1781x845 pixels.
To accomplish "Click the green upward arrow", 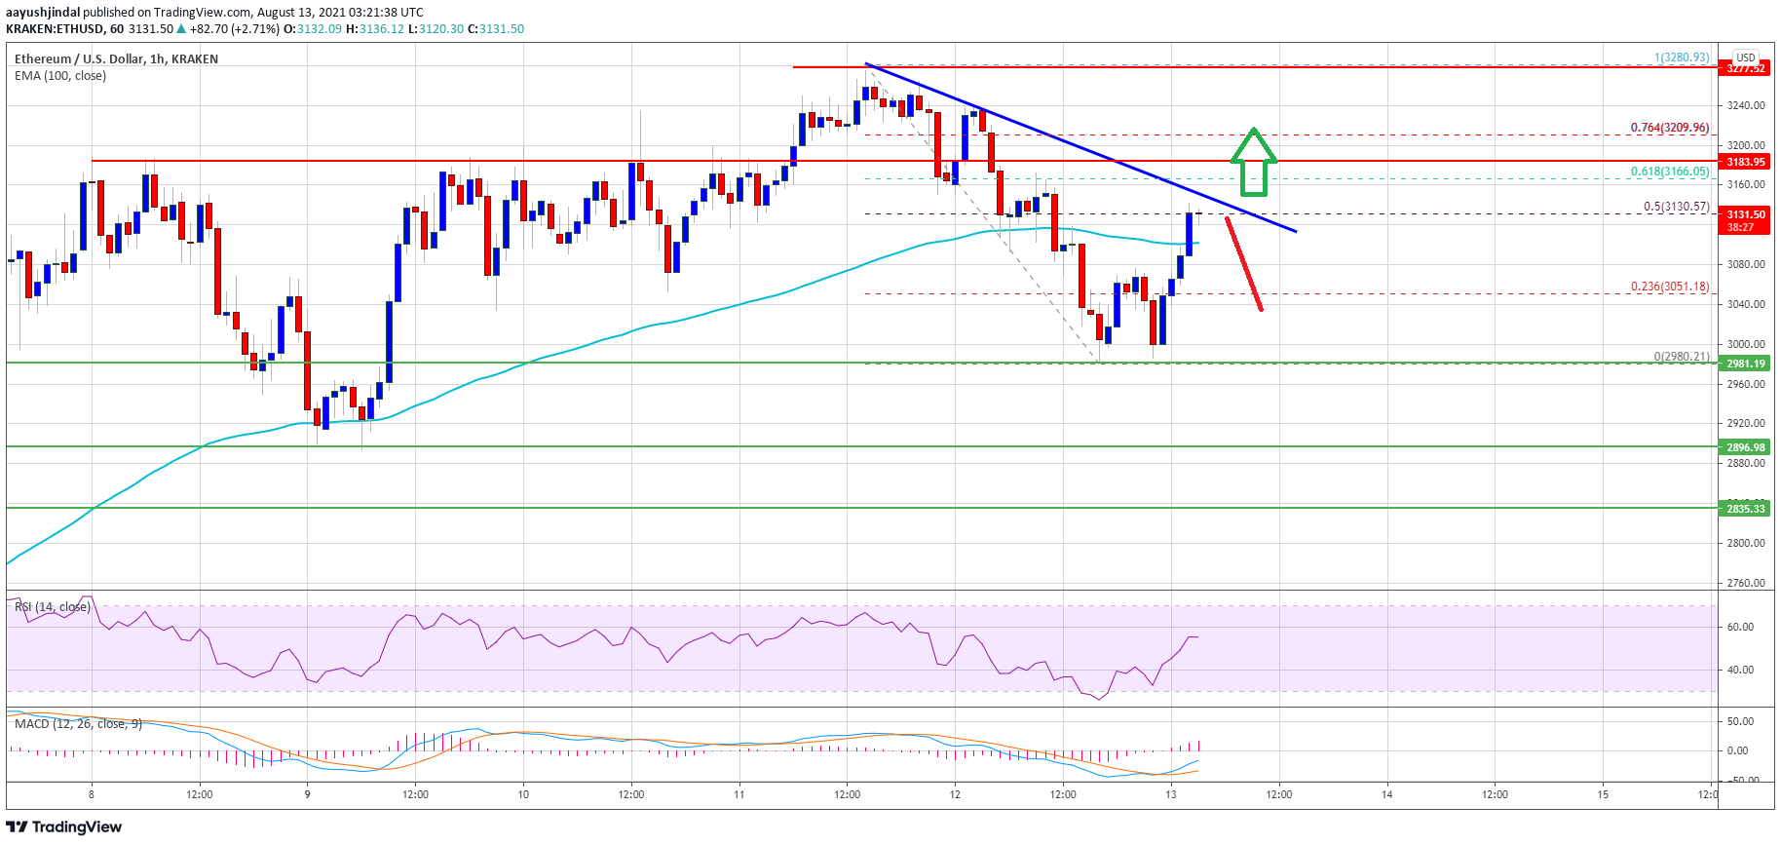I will tap(1253, 162).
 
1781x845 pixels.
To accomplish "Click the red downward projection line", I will tap(1244, 263).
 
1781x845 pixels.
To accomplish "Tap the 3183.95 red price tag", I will tap(1745, 162).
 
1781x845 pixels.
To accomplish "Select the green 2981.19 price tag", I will tap(1745, 364).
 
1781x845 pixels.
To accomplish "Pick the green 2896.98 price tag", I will tap(1745, 447).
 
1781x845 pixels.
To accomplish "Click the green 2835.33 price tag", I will tap(1745, 509).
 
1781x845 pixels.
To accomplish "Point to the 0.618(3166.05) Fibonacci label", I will tap(1669, 172).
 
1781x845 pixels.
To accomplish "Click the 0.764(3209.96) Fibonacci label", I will tap(1669, 128).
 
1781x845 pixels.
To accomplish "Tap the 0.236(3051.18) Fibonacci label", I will tap(1669, 287).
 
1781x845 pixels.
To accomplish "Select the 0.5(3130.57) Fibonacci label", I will tap(1676, 207).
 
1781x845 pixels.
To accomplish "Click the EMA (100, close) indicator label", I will tap(60, 76).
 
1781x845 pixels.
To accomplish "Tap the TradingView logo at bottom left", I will tap(64, 827).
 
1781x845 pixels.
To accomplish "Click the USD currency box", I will tap(1745, 58).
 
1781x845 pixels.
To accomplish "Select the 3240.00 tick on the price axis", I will tap(1745, 105).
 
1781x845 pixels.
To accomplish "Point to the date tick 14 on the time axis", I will tap(1386, 794).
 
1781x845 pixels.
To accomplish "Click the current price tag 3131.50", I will tap(1745, 214).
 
